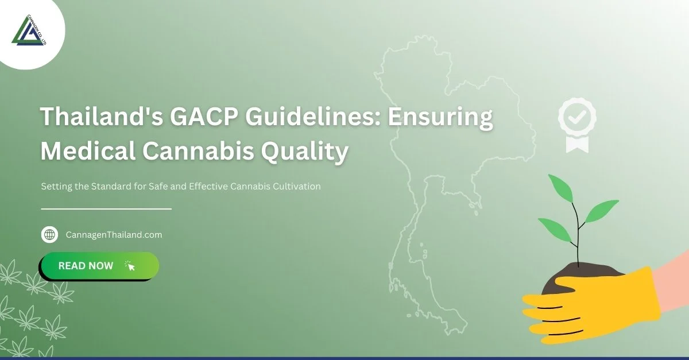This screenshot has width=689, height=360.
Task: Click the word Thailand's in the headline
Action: (x=100, y=117)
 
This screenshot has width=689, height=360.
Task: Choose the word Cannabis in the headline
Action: (x=199, y=151)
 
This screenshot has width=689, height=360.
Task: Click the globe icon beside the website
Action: (x=50, y=235)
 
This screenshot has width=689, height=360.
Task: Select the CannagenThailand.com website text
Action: (x=114, y=235)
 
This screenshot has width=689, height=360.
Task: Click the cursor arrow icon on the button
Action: (x=130, y=266)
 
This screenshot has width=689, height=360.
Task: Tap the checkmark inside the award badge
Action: (x=577, y=117)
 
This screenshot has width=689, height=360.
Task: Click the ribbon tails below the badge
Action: (x=577, y=143)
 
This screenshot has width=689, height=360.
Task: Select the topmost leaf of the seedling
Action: (x=560, y=186)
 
